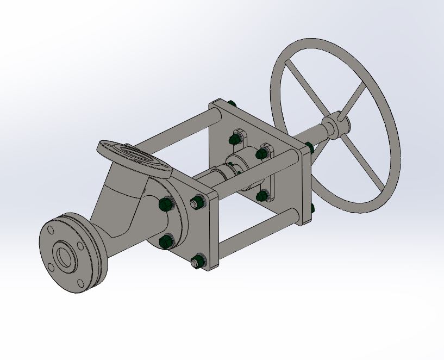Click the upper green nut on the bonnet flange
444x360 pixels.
164,204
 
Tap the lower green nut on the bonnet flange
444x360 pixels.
166,240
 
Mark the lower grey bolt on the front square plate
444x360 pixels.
197,262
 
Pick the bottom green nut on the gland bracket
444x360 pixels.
262,194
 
